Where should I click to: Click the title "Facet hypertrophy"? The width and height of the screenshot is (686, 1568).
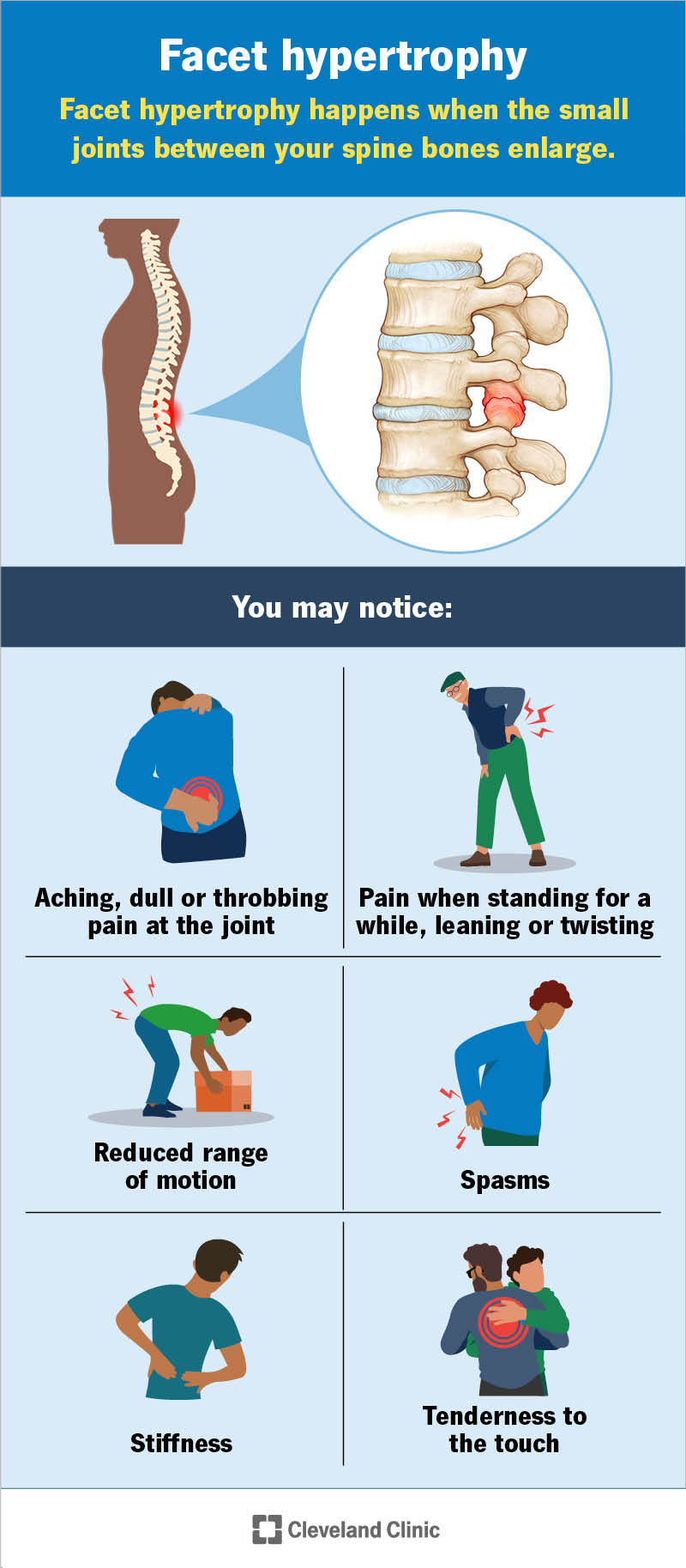click(x=343, y=57)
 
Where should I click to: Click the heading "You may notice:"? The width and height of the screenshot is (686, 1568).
click(x=342, y=607)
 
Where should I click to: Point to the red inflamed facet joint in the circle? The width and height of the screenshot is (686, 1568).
click(x=503, y=405)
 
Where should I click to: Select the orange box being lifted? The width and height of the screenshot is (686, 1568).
click(x=224, y=1091)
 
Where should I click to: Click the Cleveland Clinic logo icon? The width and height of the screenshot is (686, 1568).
click(x=267, y=1529)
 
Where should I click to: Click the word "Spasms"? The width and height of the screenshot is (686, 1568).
click(x=505, y=1181)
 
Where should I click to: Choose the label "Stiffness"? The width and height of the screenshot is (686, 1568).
click(x=181, y=1444)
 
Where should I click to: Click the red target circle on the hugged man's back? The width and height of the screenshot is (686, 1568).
click(x=502, y=1322)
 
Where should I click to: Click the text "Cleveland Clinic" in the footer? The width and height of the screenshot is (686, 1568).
click(x=364, y=1529)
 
